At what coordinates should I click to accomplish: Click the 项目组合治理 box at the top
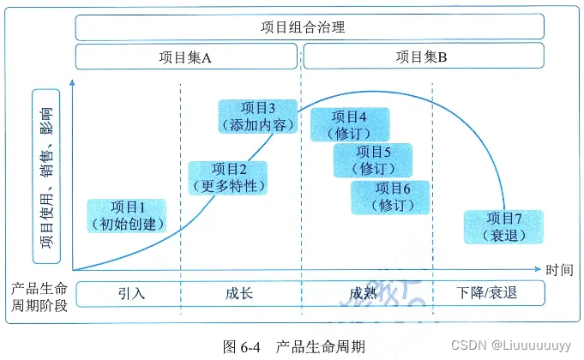click(x=309, y=26)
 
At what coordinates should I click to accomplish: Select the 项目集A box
click(x=187, y=57)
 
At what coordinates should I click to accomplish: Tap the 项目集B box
click(x=422, y=57)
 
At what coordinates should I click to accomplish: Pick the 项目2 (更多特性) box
click(x=227, y=177)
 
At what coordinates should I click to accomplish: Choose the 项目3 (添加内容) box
click(x=257, y=117)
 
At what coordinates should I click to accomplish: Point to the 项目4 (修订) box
click(x=348, y=125)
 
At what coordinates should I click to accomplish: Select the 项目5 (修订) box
click(x=373, y=160)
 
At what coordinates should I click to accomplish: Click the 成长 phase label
click(x=239, y=293)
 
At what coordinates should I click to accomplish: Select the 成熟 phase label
click(x=363, y=293)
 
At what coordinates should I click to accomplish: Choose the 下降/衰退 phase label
click(x=488, y=293)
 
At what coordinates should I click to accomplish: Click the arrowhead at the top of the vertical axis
click(x=74, y=82)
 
